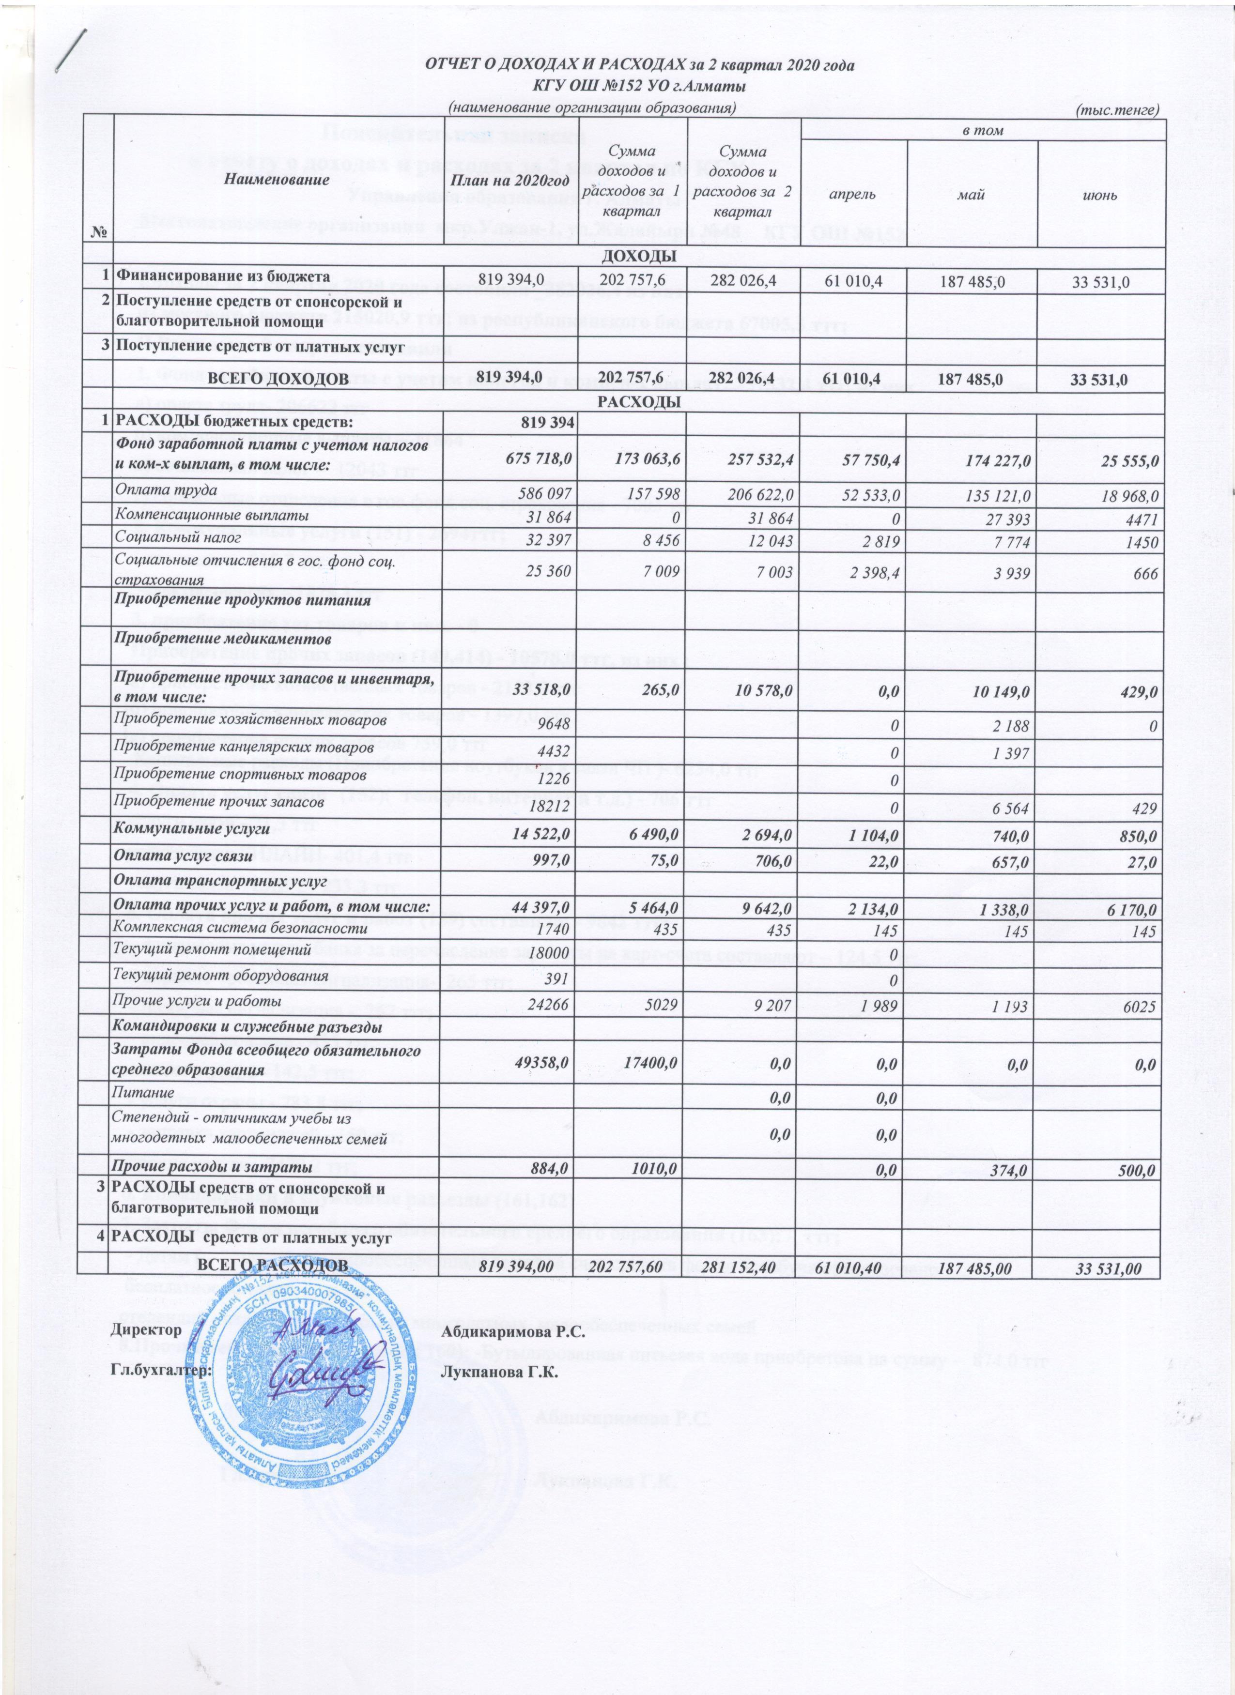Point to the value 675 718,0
pos(541,455)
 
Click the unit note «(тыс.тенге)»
pos(1117,110)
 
